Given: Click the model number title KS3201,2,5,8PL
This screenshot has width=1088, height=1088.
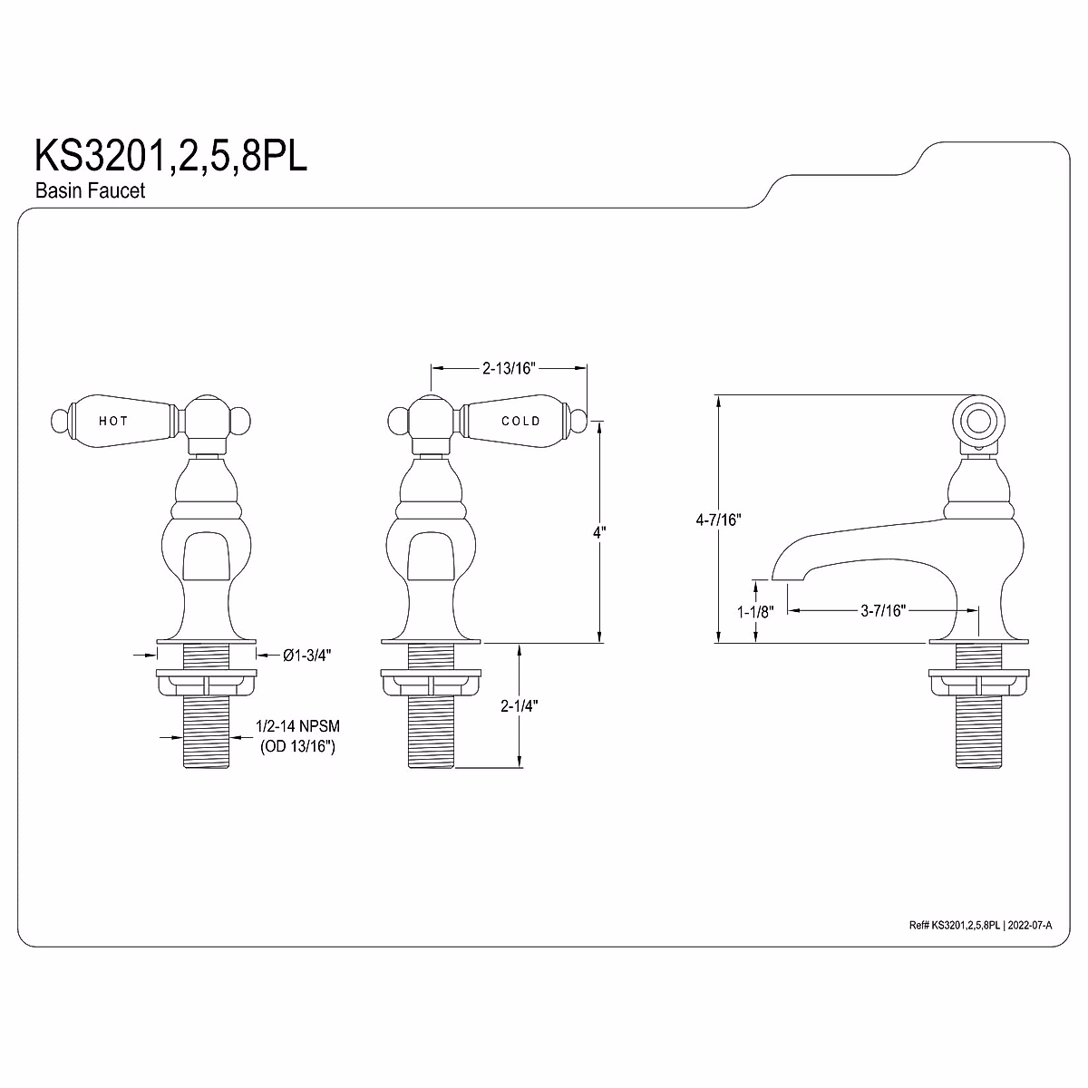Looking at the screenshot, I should point(170,155).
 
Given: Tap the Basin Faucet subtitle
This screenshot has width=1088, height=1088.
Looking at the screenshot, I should point(90,191).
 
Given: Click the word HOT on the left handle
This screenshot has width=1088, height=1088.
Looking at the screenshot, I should point(113,421).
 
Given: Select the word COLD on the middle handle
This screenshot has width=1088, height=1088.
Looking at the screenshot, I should point(520,421).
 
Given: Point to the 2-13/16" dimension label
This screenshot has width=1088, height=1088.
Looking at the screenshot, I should point(509,368).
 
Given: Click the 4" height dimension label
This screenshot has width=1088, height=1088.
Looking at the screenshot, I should point(598,534).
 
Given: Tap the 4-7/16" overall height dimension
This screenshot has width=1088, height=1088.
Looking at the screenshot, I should point(719,520).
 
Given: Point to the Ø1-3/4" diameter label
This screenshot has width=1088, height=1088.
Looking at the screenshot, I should point(306,655).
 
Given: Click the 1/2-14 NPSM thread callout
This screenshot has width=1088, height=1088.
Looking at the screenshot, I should point(297,727).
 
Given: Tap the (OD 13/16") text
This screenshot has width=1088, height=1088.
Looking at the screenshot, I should point(297,746).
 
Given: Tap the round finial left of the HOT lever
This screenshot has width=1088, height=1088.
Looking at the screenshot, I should point(60,421).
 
